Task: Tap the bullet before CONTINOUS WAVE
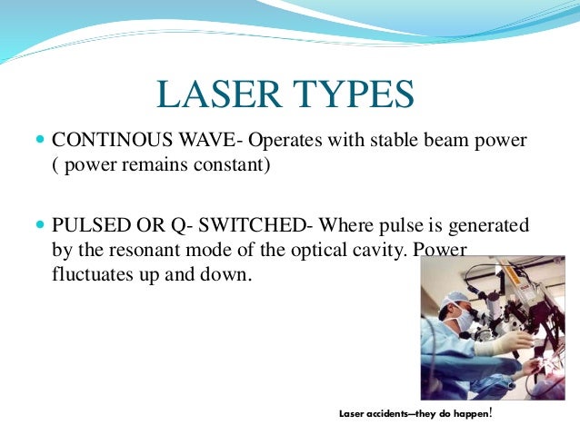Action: pos(37,143)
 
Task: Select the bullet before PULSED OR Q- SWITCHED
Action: pos(37,224)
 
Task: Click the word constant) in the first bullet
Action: pos(231,167)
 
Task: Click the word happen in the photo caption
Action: pos(472,414)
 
